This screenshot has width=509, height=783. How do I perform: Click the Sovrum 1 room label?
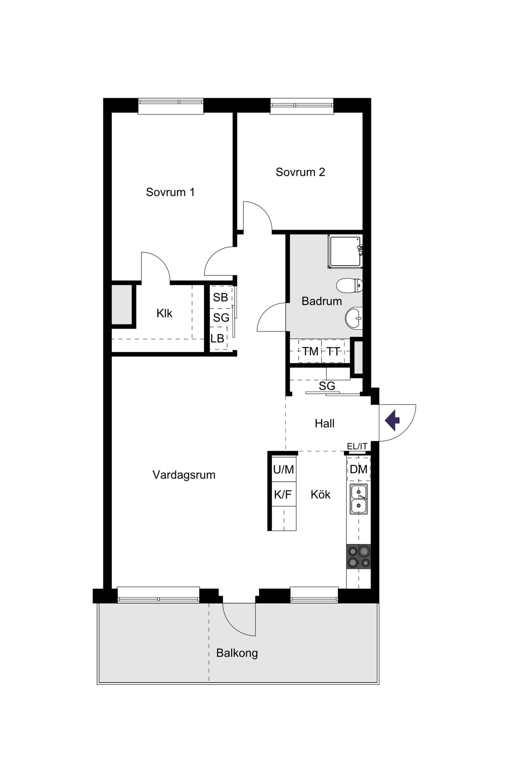point(170,192)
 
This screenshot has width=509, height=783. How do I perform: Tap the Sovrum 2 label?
point(300,172)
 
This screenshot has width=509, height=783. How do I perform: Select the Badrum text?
point(321,301)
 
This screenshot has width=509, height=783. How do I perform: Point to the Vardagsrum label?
point(184,475)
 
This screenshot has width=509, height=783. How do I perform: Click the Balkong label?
point(237,653)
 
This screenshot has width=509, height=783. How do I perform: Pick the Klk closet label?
point(164,313)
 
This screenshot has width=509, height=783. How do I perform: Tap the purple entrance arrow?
point(392,420)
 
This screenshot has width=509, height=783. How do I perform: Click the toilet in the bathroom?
point(350,285)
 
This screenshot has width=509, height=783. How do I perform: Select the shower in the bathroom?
point(345,251)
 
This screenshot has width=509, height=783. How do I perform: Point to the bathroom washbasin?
point(354,318)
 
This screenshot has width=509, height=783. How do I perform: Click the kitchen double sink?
point(358,499)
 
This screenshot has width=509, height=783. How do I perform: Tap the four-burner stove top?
point(358,556)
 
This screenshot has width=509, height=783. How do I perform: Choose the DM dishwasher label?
point(358,469)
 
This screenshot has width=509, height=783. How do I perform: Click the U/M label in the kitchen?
point(283,470)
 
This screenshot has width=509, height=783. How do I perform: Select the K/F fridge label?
point(283,495)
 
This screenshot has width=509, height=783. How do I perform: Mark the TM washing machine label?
point(310,352)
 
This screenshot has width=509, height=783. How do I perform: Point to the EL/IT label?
point(357,446)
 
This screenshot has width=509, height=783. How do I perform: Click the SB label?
point(220,297)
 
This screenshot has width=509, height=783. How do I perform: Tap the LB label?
point(217,338)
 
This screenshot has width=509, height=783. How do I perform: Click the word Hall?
point(324,424)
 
